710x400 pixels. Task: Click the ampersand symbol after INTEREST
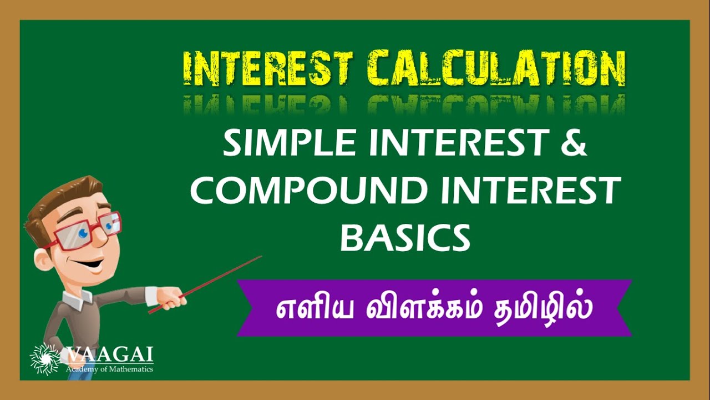tap(571, 144)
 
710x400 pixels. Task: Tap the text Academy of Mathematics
tap(109, 369)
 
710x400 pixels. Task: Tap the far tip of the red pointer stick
tap(260, 257)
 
